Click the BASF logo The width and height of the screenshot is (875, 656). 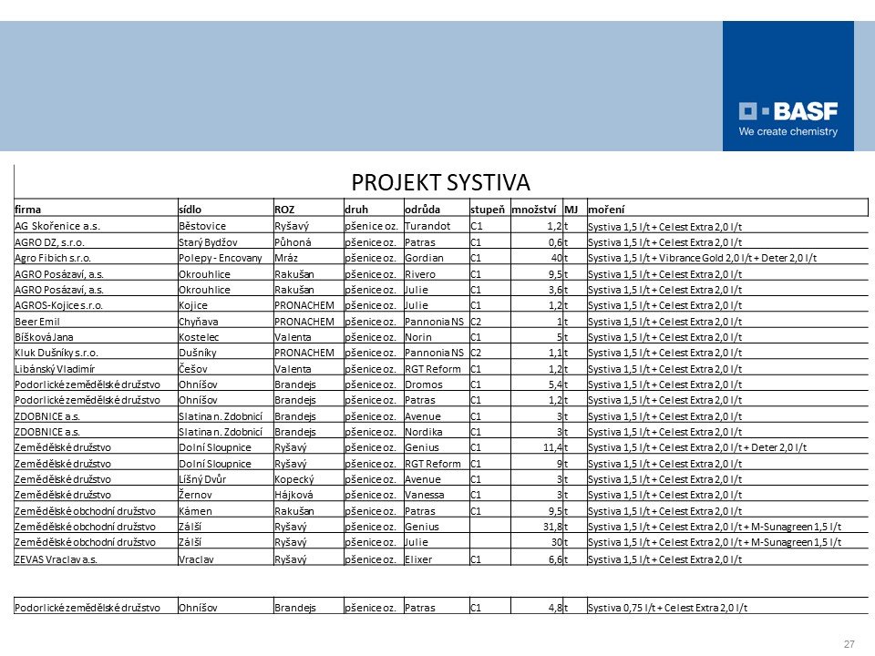click(x=787, y=118)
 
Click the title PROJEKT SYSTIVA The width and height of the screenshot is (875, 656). click(x=441, y=180)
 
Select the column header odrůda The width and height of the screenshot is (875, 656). click(x=422, y=209)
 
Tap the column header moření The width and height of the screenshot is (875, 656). click(x=606, y=209)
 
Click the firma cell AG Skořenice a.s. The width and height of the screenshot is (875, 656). click(x=58, y=224)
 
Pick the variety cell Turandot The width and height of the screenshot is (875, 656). click(x=428, y=224)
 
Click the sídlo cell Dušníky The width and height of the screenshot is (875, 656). click(x=197, y=353)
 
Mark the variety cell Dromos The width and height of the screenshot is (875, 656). click(x=423, y=384)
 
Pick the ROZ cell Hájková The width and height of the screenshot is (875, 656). click(x=294, y=495)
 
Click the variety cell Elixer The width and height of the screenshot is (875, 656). click(x=419, y=559)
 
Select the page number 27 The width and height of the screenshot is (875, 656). click(x=849, y=644)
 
